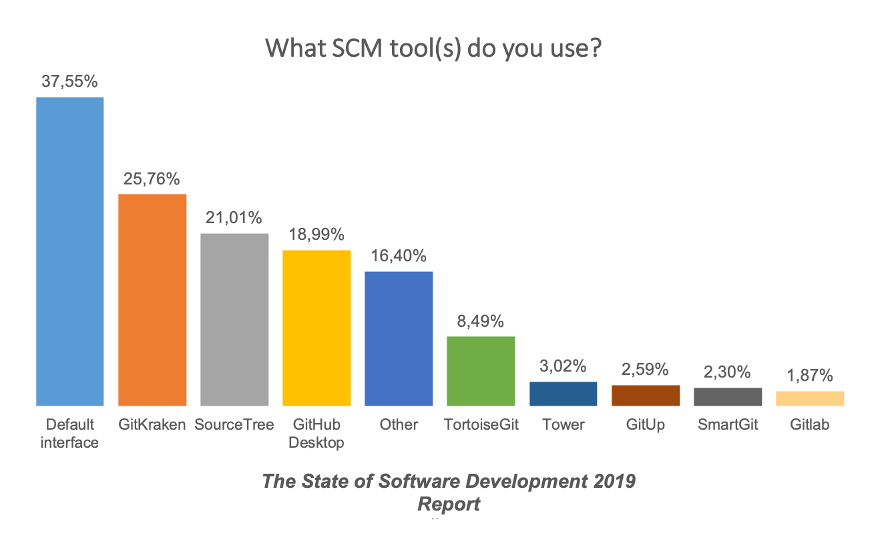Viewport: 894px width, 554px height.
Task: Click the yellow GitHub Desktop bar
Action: point(316,327)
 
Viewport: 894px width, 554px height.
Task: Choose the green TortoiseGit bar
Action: point(481,371)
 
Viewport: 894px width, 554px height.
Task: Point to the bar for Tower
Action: point(563,394)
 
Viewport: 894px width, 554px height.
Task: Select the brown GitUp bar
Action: point(645,395)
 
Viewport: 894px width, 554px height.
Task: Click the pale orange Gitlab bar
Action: point(809,398)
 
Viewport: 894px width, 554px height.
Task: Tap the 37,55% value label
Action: point(69,82)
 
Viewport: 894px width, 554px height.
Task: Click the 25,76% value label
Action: point(152,179)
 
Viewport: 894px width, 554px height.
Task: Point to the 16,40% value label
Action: point(399,257)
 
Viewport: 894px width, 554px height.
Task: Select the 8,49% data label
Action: point(481,321)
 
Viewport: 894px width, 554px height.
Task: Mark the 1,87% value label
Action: point(809,376)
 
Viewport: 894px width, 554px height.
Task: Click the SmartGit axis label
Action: point(728,424)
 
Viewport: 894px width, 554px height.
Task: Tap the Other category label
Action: point(399,424)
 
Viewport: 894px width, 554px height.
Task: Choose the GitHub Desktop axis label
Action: point(316,433)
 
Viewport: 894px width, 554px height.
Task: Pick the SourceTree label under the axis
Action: point(234,424)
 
